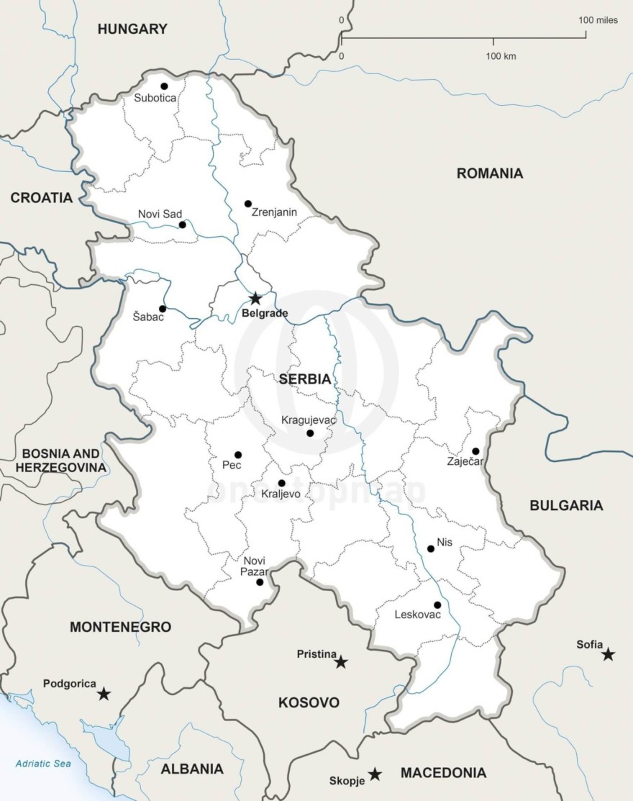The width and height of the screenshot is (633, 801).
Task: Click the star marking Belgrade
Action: point(255,299)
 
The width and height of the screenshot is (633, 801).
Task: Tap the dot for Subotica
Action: point(164,86)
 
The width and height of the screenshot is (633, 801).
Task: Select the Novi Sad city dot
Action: point(182,225)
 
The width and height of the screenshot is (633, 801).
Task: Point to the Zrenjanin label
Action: point(274,212)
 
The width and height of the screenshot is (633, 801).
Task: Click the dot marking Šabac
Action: point(163,309)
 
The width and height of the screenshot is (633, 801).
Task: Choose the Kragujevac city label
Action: point(306,419)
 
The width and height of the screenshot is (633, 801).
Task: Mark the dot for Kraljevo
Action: point(281,483)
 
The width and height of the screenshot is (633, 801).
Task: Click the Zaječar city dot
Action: point(475,451)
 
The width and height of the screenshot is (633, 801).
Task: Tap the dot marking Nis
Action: point(431,548)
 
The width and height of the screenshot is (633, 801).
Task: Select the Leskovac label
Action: point(418,615)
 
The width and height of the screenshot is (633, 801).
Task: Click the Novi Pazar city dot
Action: point(260,581)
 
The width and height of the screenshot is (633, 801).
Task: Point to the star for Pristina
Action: point(341,661)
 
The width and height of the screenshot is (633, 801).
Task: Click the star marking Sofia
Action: point(609,654)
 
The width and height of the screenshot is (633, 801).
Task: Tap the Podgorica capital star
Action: point(104,694)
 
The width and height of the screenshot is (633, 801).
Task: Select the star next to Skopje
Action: point(375,774)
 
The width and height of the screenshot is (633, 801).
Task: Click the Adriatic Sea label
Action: point(43,764)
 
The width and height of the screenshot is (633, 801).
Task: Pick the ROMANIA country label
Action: point(490,173)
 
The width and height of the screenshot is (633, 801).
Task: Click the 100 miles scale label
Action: point(598,20)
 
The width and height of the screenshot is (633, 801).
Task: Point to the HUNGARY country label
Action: point(132,30)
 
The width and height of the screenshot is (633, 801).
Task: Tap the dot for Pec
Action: point(238,455)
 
